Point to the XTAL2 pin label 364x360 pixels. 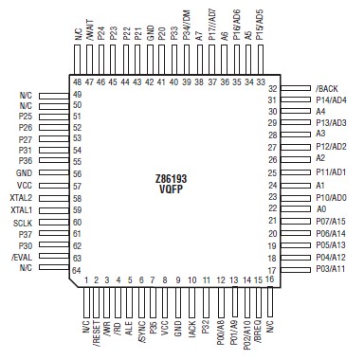coord(22,198)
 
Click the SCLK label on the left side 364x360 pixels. coord(24,222)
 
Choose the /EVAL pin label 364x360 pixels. coord(22,258)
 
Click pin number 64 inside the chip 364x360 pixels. coord(77,269)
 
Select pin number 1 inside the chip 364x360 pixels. coord(86,279)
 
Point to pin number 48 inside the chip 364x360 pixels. coord(76,81)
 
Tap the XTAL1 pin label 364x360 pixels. coord(22,209)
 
